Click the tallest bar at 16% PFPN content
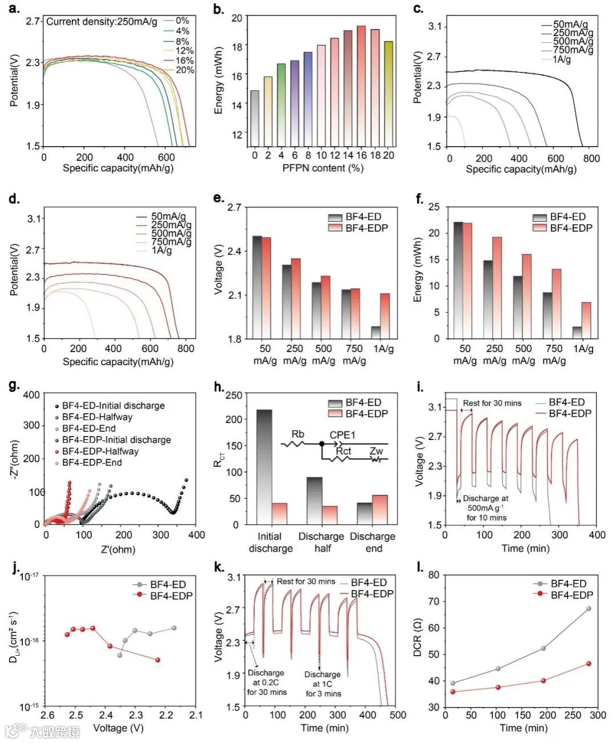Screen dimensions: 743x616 [x=361, y=86]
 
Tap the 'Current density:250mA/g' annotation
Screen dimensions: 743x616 [x=102, y=22]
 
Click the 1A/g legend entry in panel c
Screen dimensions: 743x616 [x=561, y=59]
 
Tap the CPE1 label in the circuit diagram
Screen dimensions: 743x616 [x=342, y=435]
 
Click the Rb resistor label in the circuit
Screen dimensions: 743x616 [x=298, y=435]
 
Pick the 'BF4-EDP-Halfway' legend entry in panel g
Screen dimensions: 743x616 [x=100, y=451]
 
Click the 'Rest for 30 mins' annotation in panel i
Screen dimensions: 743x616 [x=492, y=403]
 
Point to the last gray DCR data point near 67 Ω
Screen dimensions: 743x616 [x=589, y=609]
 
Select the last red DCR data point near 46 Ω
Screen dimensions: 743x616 [x=589, y=664]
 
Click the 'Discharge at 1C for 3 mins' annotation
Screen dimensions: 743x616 [x=323, y=684]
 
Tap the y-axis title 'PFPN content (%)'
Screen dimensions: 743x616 [x=322, y=168]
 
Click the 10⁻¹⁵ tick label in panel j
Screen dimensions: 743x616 [x=29, y=707]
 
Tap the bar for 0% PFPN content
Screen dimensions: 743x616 [x=254, y=118]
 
